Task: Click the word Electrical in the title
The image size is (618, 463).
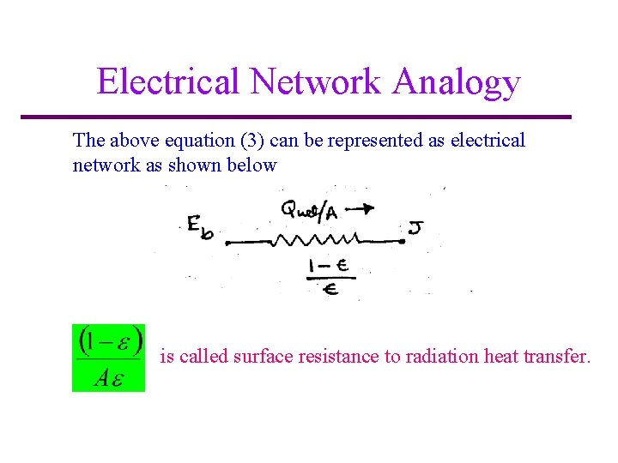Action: tap(168, 81)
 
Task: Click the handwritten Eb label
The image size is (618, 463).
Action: tap(200, 227)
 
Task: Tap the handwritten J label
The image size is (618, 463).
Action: tap(415, 228)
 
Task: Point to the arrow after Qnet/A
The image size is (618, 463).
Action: tap(363, 207)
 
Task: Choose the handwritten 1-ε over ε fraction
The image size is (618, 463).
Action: tap(329, 277)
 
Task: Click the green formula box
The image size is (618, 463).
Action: tap(108, 358)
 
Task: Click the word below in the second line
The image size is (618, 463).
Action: tap(253, 165)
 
